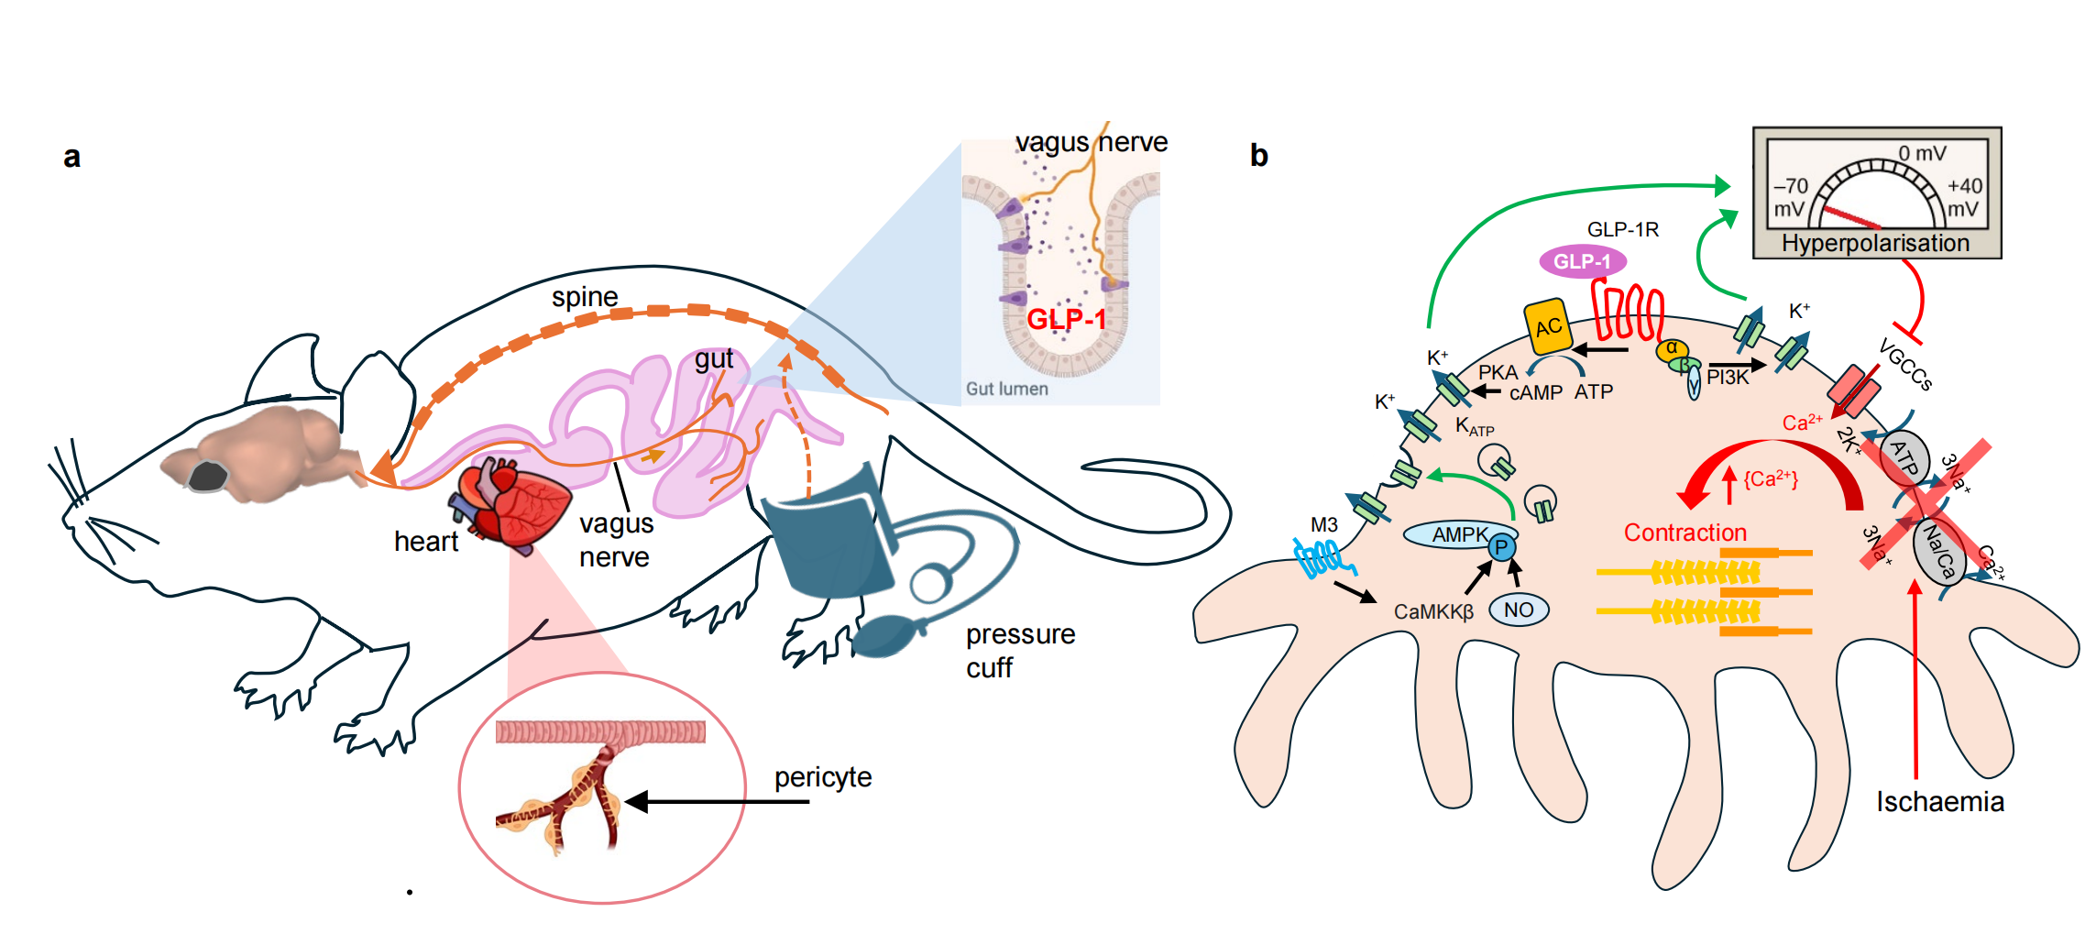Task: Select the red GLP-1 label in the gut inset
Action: coord(1066,319)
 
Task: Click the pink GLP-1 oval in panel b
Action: coord(1582,261)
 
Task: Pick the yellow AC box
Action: coord(1548,326)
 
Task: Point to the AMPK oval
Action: coord(1459,534)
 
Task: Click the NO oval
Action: coord(1519,610)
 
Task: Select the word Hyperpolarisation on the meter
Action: coord(1875,243)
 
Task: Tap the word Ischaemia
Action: coord(1939,802)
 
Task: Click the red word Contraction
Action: coord(1684,533)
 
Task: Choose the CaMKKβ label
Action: coord(1433,611)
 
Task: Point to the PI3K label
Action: coord(1728,378)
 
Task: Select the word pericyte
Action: coord(822,777)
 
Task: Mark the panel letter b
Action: coord(1258,156)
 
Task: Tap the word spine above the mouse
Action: coord(584,297)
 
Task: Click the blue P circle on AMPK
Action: coord(1501,548)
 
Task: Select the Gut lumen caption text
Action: coord(1006,389)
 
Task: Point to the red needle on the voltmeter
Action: coord(1851,217)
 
